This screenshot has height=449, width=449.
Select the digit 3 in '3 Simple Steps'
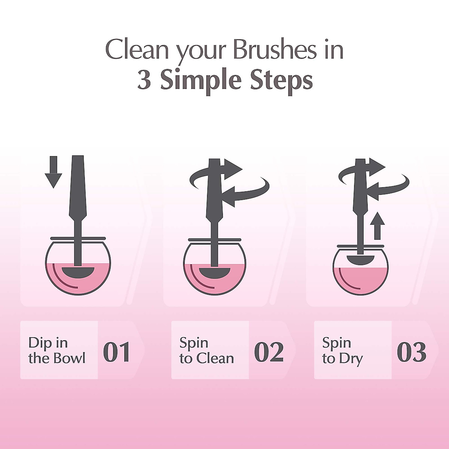tap(144, 80)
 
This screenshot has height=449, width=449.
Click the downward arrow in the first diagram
tap(53, 172)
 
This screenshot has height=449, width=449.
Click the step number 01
tap(116, 352)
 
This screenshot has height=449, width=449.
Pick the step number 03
tap(411, 352)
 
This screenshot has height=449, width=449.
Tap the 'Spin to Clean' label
tap(207, 351)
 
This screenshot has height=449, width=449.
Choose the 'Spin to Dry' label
tap(342, 351)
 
